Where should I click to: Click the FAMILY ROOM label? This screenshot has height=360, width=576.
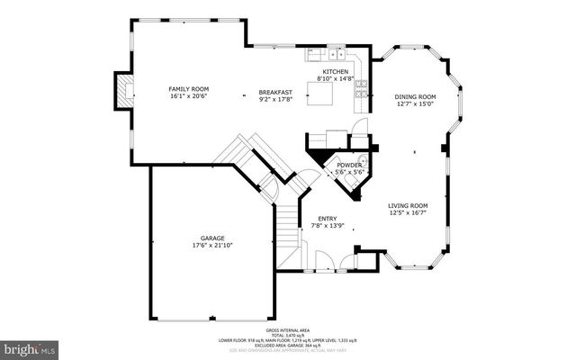pyautogui.click(x=189, y=89)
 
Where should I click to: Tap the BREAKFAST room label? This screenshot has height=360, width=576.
pyautogui.click(x=274, y=92)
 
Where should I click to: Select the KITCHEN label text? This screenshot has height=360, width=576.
pyautogui.click(x=336, y=71)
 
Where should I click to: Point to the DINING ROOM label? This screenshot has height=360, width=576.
pyautogui.click(x=415, y=96)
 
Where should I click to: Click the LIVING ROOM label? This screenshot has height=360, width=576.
pyautogui.click(x=408, y=205)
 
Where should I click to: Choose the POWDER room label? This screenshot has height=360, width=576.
pyautogui.click(x=349, y=166)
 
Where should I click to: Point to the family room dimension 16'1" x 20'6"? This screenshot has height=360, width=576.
pyautogui.click(x=189, y=96)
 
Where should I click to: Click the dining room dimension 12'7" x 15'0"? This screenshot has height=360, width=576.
pyautogui.click(x=415, y=103)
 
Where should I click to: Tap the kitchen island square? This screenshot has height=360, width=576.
pyautogui.click(x=323, y=93)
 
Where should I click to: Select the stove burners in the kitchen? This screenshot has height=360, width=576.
pyautogui.click(x=361, y=87)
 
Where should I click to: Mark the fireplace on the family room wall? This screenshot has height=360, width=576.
pyautogui.click(x=124, y=89)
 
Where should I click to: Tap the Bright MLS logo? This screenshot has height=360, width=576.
pyautogui.click(x=30, y=347)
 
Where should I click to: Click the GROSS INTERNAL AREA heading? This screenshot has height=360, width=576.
pyautogui.click(x=289, y=330)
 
